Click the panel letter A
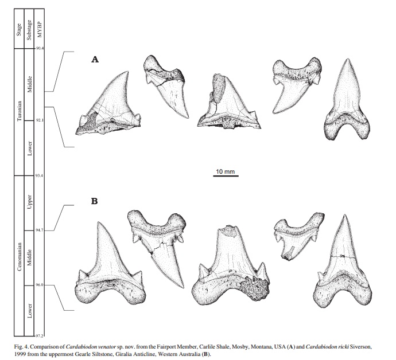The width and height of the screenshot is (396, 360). [96, 60]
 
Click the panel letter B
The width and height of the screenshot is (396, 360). [96, 202]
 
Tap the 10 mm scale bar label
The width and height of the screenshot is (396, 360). [225, 171]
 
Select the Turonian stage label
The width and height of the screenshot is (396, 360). [20, 112]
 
